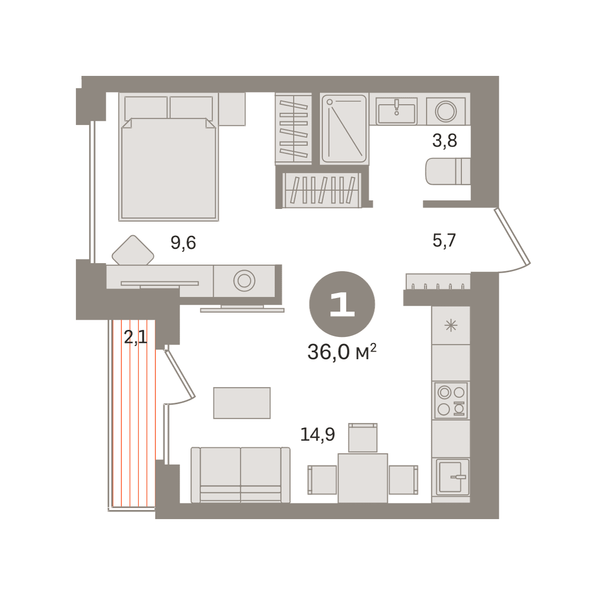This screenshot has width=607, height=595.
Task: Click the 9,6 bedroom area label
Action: point(183,243)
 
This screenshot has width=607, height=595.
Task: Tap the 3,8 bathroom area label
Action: point(445,141)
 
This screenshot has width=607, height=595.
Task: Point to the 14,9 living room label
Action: point(318,435)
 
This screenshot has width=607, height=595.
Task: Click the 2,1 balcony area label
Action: point(136,338)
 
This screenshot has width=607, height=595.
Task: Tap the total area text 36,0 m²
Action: point(342,352)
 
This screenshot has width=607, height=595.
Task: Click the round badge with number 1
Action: point(342,304)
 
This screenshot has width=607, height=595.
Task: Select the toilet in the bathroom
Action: point(448,171)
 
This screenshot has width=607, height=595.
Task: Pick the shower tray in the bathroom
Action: point(344,129)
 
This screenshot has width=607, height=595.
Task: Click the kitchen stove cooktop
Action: point(451,400)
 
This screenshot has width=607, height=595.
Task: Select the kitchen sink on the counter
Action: point(452,477)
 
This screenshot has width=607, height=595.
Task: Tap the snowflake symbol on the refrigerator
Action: point(451,325)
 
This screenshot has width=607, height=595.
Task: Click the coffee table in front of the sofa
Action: point(242,403)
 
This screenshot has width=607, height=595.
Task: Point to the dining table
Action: point(363,478)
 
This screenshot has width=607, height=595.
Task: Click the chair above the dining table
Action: point(363,438)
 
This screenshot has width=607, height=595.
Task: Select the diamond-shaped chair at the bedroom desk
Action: point(133,250)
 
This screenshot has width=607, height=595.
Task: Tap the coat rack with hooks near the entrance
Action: point(438,281)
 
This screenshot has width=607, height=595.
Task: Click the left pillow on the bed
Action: point(146,108)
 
